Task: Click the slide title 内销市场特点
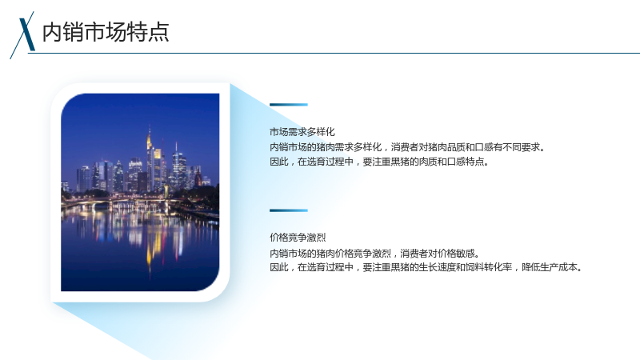pos(106,32)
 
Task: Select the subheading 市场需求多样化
pos(302,132)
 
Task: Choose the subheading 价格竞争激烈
pos(298,238)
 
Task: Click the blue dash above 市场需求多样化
pos(289,105)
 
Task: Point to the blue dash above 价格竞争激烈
pos(289,210)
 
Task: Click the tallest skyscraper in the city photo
pos(150,159)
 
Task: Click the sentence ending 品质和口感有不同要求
pos(407,147)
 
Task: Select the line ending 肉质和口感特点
pos(379,162)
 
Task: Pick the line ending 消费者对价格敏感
pos(374,254)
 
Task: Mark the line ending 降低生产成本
pos(426,267)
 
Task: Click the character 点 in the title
pos(158,32)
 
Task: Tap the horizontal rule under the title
pos(334,53)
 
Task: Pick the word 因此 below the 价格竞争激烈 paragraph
pos(278,267)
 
